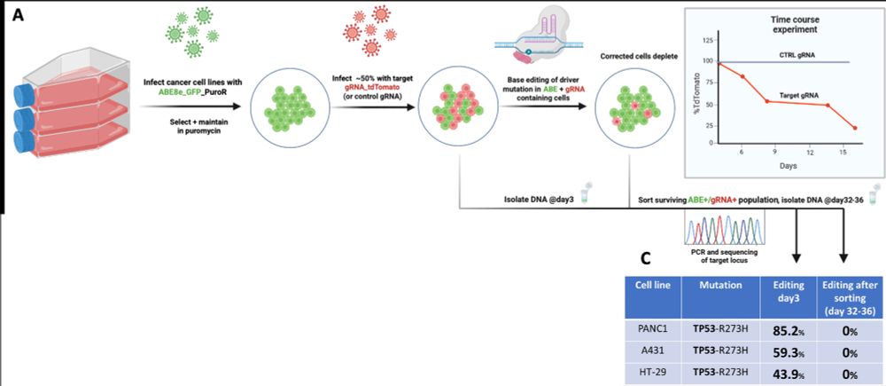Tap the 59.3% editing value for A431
coord(790,351)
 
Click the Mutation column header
coord(719,288)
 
